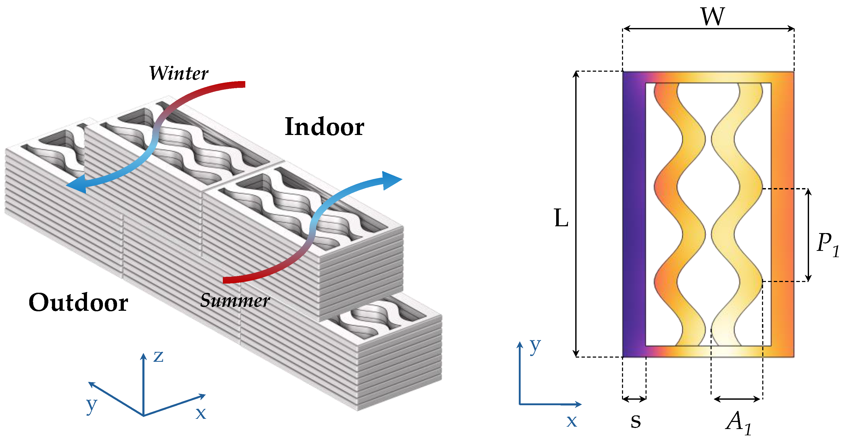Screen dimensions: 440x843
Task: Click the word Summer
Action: (235, 300)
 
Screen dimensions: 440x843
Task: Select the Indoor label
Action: (324, 127)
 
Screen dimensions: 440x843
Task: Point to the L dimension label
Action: (561, 218)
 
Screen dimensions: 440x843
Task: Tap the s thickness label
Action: (636, 421)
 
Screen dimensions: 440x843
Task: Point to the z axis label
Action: (158, 356)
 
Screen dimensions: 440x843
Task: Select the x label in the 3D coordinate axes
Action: (201, 413)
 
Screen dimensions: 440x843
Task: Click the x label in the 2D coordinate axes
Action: (572, 421)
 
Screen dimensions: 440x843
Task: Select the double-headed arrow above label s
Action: (634, 399)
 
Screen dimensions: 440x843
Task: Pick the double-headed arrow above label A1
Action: (737, 399)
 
